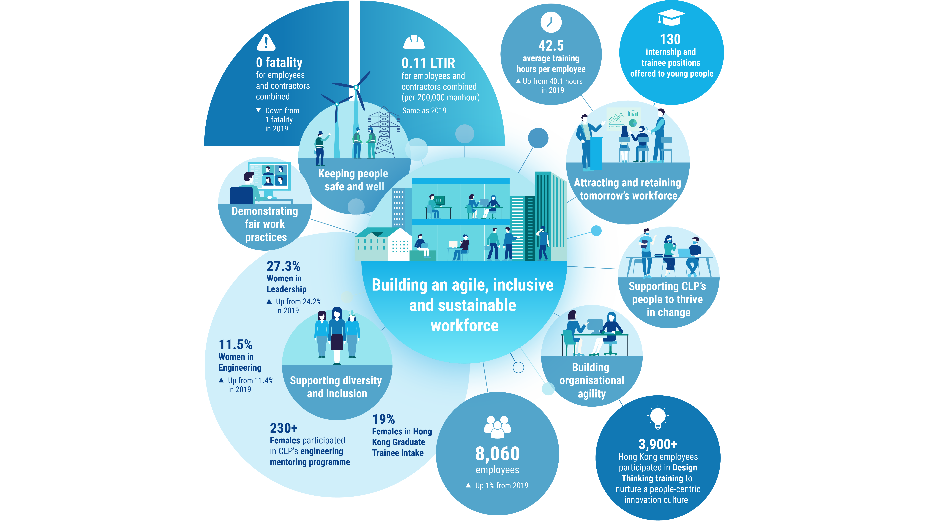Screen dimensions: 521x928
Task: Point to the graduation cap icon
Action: (x=671, y=17)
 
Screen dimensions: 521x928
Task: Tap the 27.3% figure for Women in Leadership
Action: (x=283, y=266)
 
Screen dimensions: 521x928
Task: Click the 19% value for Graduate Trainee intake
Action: (x=383, y=419)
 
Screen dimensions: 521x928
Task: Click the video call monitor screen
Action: (x=270, y=175)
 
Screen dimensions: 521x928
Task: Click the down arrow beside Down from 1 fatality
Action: (x=258, y=110)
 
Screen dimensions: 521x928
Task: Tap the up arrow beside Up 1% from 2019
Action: (x=468, y=485)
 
